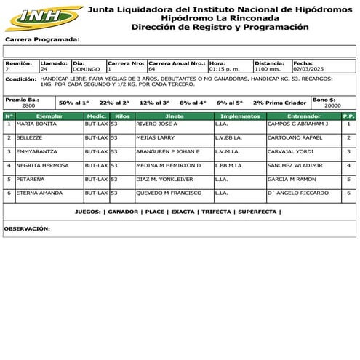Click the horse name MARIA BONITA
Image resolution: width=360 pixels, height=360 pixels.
click(36, 124)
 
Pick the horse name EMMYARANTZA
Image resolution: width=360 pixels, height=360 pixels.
click(38, 151)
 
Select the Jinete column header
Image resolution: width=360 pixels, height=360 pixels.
click(175, 116)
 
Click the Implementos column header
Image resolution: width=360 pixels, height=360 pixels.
click(240, 116)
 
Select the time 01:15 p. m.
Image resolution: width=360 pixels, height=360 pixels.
click(224, 69)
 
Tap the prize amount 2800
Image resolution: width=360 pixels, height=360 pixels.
click(28, 106)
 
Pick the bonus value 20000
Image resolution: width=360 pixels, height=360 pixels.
click(332, 106)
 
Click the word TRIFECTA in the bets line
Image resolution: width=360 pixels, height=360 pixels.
click(215, 212)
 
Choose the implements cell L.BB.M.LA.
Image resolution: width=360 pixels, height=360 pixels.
click(228, 165)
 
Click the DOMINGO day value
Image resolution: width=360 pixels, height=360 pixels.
click(87, 69)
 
